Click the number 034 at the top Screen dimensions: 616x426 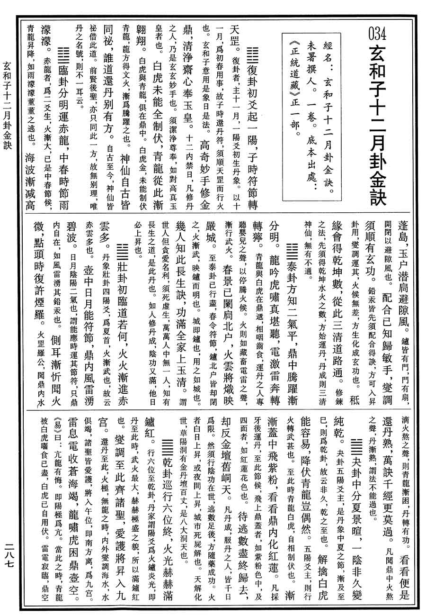click(x=377, y=34)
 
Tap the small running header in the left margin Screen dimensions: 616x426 click(x=8, y=105)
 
